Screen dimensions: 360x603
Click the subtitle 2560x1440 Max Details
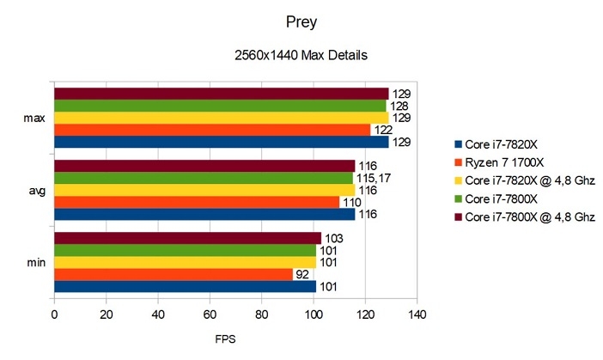coord(301,56)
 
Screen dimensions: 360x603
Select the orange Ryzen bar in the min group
coord(173,274)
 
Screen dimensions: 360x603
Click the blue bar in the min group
coord(185,286)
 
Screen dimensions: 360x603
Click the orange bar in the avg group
coord(196,201)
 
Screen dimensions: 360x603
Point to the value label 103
coord(333,238)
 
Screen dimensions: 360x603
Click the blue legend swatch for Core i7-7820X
coord(458,143)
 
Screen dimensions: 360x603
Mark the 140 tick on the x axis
coord(417,314)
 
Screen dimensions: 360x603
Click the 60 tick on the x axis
coord(210,314)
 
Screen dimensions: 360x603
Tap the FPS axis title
coord(226,338)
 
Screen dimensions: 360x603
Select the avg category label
coord(36,189)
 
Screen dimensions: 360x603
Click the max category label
coord(35,117)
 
